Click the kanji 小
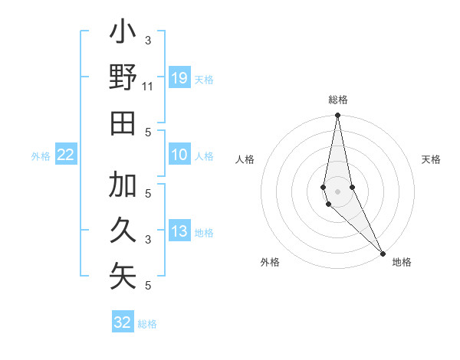123,34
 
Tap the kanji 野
123,78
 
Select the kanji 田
123,123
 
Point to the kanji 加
123,186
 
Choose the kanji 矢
123,276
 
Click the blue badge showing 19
179,77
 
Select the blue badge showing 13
179,232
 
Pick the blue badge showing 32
123,322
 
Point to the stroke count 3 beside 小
148,40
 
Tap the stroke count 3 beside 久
148,240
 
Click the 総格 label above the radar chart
338,100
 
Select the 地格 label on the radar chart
402,262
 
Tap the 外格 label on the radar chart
270,262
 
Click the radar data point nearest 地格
383,253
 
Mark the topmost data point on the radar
337,116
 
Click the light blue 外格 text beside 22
41,156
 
